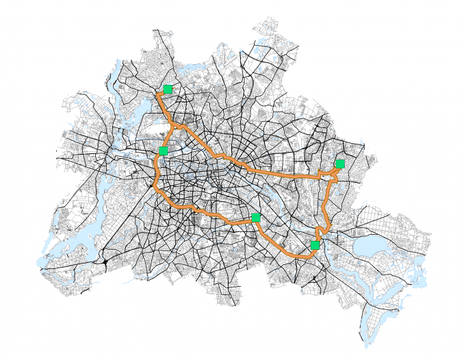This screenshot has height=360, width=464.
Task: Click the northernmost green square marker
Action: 168,89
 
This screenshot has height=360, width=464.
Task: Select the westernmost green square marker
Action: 163,151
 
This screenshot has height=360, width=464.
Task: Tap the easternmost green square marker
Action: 339,164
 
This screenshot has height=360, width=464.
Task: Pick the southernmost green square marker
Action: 315,245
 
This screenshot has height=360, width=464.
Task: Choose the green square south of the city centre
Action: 255,218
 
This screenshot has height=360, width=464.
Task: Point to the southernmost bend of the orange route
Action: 301,256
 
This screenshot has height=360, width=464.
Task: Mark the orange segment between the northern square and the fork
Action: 163,106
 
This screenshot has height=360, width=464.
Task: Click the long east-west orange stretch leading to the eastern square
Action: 281,172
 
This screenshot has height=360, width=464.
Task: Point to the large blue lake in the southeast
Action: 370,246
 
